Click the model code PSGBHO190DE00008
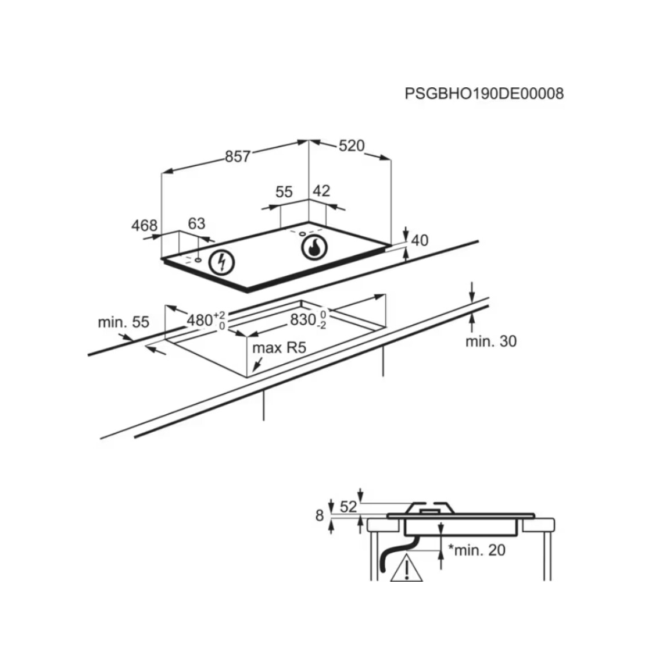[x=484, y=94]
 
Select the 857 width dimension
[x=238, y=156]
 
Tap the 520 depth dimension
[x=352, y=146]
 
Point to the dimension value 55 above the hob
[x=284, y=192]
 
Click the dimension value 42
[x=321, y=191]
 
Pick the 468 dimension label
[x=145, y=225]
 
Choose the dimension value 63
[x=196, y=223]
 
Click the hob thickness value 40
[x=420, y=241]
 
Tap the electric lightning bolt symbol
[x=221, y=262]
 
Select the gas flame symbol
[x=314, y=247]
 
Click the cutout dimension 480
[x=200, y=320]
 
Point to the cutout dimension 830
[x=303, y=319]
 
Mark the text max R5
[x=279, y=348]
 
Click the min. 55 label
[x=124, y=322]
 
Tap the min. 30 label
[x=491, y=341]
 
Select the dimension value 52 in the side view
[x=349, y=507]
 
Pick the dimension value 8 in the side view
[x=320, y=516]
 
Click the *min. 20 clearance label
[x=477, y=550]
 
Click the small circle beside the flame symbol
[x=302, y=234]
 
